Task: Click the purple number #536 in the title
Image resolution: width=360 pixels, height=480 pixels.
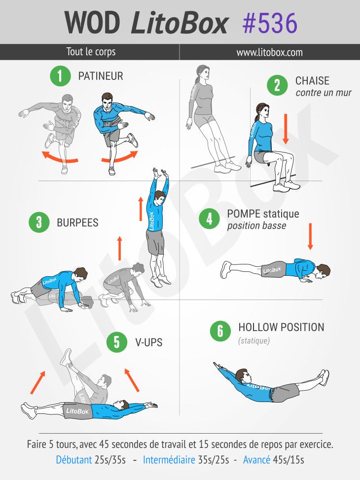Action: coord(270,23)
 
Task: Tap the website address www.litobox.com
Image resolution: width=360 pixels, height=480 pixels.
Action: coord(269,52)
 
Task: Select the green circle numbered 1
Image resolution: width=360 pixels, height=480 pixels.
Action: coord(60,76)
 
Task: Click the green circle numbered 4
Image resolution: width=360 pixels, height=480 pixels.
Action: coord(210,219)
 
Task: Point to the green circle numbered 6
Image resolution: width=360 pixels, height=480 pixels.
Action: coord(220,331)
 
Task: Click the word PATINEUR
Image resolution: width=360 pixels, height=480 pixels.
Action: coord(101,76)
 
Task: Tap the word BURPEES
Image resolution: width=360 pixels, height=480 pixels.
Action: coord(77,222)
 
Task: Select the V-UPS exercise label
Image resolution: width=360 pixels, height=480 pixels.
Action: coord(149,342)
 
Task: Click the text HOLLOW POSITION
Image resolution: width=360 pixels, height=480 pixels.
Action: coord(281,327)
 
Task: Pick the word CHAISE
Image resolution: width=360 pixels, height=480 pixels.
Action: coord(312,81)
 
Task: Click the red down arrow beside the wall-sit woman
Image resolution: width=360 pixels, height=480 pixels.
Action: coord(286,129)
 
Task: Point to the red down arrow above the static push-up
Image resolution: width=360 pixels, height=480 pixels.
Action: coord(310,236)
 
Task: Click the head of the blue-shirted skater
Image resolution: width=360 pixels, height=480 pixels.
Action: coord(107,101)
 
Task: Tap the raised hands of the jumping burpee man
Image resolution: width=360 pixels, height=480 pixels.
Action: coord(161,174)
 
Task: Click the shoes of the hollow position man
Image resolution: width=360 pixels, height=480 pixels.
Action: coord(324,377)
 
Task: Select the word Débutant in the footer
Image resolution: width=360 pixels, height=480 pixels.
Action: coord(74,460)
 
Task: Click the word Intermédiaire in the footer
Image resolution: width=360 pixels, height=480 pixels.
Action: coord(169,460)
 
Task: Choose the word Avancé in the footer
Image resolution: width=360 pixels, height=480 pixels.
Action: coord(256,460)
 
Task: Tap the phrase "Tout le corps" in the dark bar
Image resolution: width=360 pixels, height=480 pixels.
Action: coord(91,52)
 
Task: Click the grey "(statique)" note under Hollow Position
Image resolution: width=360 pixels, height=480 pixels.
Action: coord(254,341)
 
